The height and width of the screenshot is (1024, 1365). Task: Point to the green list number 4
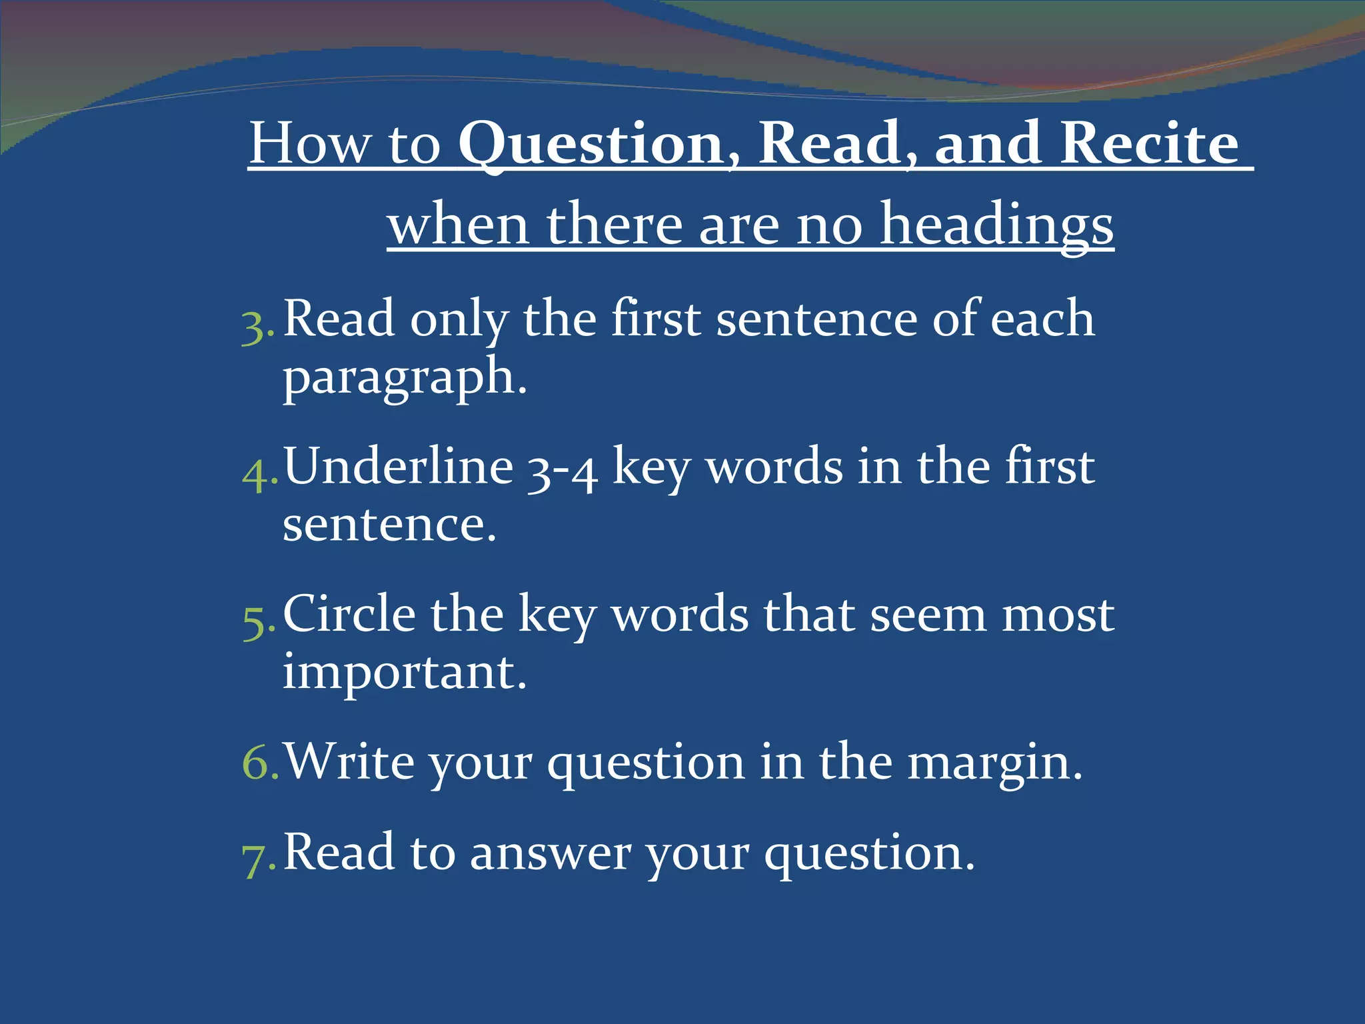coord(256,475)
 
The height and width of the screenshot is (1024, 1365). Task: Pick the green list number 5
coord(256,623)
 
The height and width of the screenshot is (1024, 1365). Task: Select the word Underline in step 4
coord(399,467)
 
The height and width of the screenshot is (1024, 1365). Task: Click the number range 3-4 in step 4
coord(561,471)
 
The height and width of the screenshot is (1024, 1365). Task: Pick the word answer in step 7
coord(551,853)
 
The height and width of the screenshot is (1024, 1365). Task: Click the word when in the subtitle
coord(459,225)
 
